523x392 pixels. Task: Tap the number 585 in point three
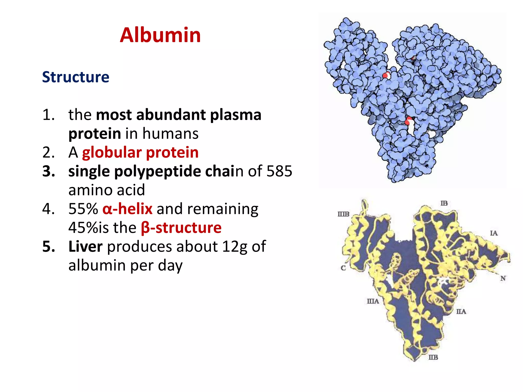pyautogui.click(x=279, y=171)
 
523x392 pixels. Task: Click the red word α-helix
pyautogui.click(x=127, y=209)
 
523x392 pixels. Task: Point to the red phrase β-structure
pyautogui.click(x=181, y=228)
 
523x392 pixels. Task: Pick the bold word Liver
pyautogui.click(x=85, y=247)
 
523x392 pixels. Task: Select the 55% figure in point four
pyautogui.click(x=83, y=209)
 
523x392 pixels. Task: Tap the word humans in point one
pyautogui.click(x=170, y=133)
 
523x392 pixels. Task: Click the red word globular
pyautogui.click(x=112, y=152)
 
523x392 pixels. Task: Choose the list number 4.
pyautogui.click(x=48, y=209)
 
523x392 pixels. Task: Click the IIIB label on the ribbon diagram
pyautogui.click(x=343, y=214)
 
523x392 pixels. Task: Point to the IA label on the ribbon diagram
pyautogui.click(x=494, y=233)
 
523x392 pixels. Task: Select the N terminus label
pyautogui.click(x=503, y=278)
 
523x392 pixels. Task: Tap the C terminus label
pyautogui.click(x=343, y=268)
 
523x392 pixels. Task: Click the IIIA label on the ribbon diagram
pyautogui.click(x=373, y=301)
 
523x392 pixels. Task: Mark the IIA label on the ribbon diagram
pyautogui.click(x=461, y=311)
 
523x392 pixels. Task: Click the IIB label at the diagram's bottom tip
pyautogui.click(x=433, y=357)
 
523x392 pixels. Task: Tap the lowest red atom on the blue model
pyautogui.click(x=409, y=120)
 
